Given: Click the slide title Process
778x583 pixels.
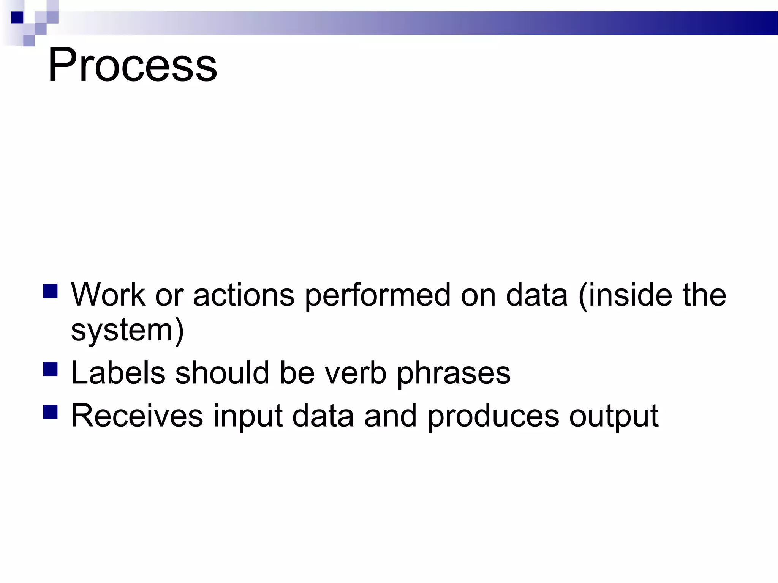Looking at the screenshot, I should (x=132, y=65).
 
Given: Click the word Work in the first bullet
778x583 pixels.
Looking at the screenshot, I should (x=108, y=295).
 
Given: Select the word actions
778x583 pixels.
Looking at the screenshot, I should (x=244, y=295).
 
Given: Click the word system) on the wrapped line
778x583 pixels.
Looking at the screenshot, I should (x=127, y=330).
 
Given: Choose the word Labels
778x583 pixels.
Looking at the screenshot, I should (x=118, y=373).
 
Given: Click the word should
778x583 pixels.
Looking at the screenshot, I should (x=222, y=373).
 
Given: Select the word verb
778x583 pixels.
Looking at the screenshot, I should (x=356, y=373).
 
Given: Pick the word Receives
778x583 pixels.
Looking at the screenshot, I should (x=137, y=416).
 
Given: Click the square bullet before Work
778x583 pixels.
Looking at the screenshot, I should (x=51, y=291).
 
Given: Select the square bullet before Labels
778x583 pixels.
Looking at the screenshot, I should (x=51, y=369).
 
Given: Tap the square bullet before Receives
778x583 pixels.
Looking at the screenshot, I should (x=51, y=411).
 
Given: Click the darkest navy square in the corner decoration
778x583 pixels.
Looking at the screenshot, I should (x=17, y=17).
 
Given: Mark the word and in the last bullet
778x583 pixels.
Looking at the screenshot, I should (x=390, y=416).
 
